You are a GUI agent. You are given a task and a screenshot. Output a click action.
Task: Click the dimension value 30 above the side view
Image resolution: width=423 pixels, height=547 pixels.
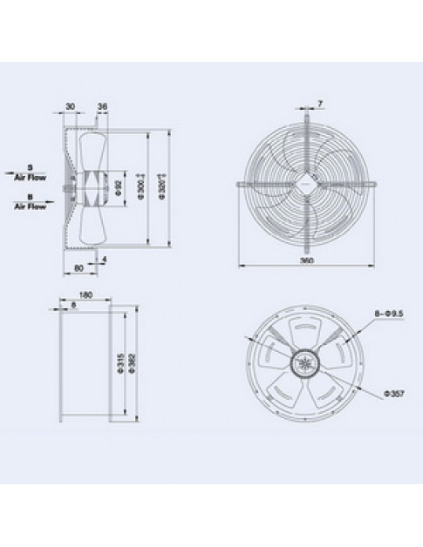pos(69,107)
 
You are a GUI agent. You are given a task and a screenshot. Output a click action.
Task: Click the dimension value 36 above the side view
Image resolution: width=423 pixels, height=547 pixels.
pos(103,107)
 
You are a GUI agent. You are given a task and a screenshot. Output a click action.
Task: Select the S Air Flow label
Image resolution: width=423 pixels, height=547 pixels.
pos(29,172)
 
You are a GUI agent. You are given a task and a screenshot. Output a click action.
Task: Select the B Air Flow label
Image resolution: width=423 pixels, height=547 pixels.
pos(29,203)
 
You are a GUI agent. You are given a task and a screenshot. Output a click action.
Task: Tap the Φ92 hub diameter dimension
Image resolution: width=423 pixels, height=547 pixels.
pos(119,186)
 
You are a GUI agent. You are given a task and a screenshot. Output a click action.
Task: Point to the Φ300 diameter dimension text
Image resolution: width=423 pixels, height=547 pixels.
pos(140,186)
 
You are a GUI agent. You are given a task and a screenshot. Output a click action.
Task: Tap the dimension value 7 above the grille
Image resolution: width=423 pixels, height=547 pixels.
pos(320,105)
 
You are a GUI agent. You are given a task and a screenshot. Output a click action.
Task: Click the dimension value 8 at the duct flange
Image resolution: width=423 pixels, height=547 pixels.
pos(75,306)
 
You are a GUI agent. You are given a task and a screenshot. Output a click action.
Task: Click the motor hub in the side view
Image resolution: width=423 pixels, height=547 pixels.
pos(69,186)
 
